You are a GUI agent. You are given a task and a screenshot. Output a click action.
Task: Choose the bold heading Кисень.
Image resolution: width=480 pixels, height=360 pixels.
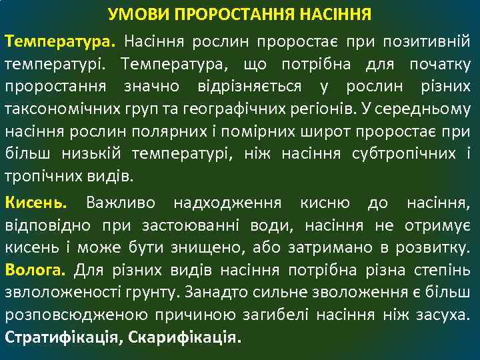[36, 202]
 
